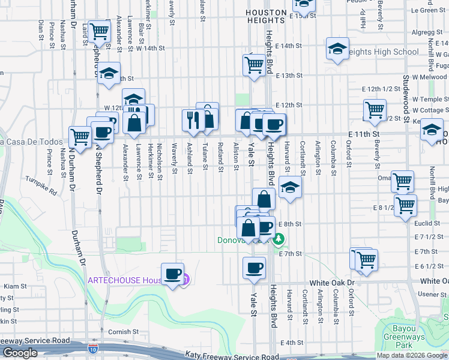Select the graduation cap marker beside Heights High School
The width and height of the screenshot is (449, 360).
click(x=338, y=49)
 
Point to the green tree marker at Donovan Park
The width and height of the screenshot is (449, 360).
click(x=278, y=240)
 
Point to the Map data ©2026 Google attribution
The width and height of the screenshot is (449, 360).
click(x=412, y=355)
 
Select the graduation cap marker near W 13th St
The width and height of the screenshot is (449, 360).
click(x=109, y=74)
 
